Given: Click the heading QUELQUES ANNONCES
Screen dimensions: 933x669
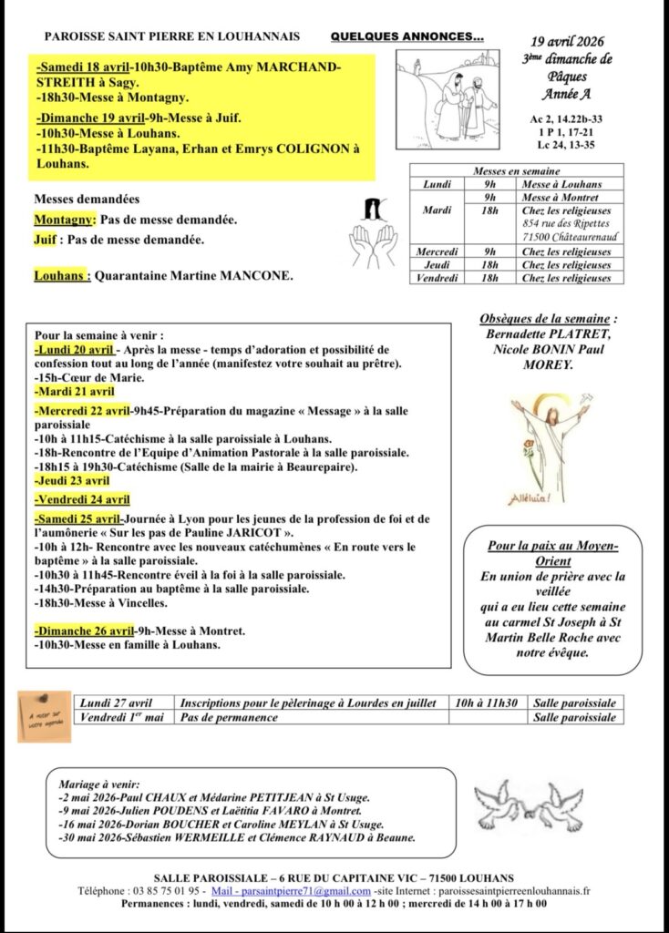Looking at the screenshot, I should (x=407, y=37).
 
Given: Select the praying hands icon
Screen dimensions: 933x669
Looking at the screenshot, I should (x=375, y=236).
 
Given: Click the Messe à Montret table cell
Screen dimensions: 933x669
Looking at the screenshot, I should (x=561, y=197).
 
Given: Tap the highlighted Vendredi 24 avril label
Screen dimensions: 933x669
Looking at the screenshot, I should (x=82, y=499).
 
